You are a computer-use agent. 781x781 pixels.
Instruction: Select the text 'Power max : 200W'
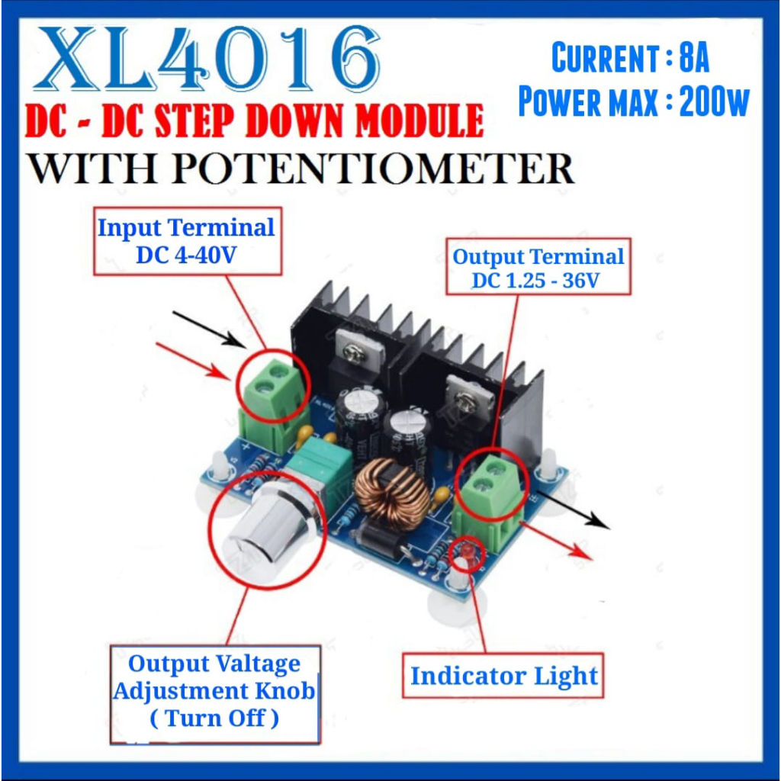pyautogui.click(x=634, y=101)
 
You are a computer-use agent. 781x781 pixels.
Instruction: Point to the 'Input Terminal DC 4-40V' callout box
pyautogui.click(x=187, y=241)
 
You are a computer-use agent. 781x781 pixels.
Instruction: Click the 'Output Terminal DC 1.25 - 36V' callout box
pyautogui.click(x=538, y=268)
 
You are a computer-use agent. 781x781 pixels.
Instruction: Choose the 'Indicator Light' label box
pyautogui.click(x=503, y=676)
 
